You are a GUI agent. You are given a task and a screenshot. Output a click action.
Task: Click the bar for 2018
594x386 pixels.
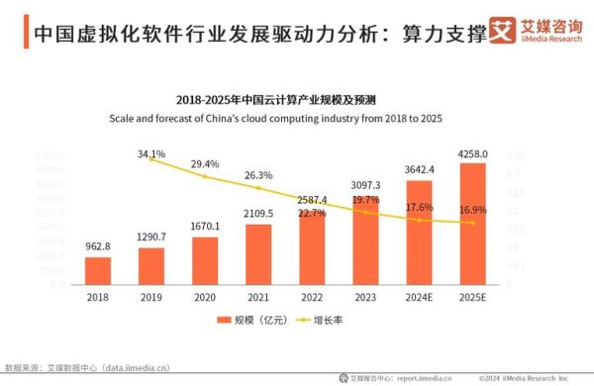tap(98, 270)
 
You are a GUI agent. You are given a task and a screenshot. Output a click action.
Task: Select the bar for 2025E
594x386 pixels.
tap(472, 224)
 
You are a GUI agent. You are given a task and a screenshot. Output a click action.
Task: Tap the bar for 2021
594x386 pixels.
tap(258, 254)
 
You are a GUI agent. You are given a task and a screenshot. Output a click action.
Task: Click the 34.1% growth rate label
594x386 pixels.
tap(151, 154)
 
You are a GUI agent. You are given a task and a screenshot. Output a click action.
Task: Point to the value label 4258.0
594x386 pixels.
tap(472, 153)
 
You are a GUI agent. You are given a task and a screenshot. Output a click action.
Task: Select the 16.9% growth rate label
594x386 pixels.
tap(473, 210)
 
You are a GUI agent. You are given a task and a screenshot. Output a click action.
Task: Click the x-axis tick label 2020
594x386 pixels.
tap(205, 296)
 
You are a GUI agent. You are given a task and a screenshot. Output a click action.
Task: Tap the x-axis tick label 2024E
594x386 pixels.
tap(419, 296)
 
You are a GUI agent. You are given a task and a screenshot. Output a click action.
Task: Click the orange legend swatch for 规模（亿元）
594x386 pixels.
tap(224, 321)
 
